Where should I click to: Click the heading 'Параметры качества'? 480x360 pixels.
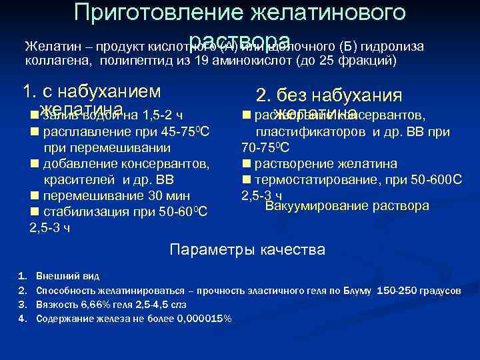point(247,250)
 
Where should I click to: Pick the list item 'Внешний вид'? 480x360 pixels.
point(68,275)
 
